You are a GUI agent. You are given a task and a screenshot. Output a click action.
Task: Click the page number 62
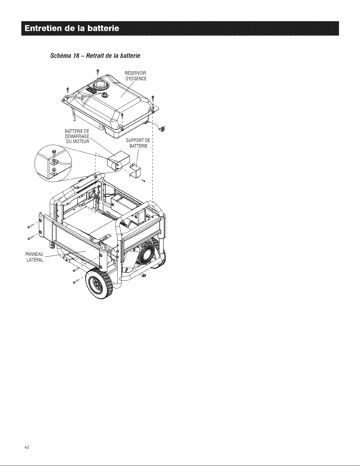click(x=27, y=447)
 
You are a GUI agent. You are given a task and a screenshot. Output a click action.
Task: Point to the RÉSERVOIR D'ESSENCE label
click(x=136, y=76)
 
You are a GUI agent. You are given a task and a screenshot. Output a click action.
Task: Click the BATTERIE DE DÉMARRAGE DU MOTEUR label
click(x=77, y=136)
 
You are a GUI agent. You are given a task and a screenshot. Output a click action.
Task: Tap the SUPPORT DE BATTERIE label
click(x=138, y=143)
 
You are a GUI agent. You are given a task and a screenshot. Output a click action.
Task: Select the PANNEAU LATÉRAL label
click(x=34, y=257)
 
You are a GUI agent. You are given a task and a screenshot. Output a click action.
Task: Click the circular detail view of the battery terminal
click(x=53, y=163)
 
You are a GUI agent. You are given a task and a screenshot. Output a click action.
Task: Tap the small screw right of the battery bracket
click(x=144, y=181)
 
